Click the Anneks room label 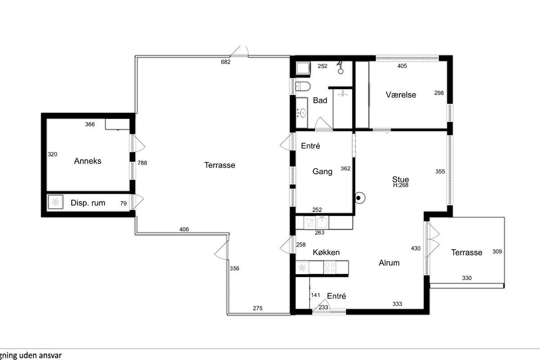pos(87,161)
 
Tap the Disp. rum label pos(88,203)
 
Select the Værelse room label pos(400,95)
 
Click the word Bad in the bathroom pos(320,100)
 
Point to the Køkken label pos(326,252)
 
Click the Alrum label pos(389,263)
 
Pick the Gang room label pos(322,171)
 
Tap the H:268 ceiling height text pos(400,185)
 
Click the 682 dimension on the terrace pos(225,62)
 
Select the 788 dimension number pos(142,163)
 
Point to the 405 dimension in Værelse pos(402,66)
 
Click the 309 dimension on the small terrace pos(497,252)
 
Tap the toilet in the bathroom pos(303,86)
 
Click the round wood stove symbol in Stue pos(360,198)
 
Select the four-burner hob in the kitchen pos(330,267)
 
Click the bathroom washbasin pos(301,112)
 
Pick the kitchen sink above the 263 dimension pos(322,222)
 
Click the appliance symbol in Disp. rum pos(55,202)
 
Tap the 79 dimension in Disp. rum pos(123,203)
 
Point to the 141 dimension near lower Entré pos(315,295)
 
